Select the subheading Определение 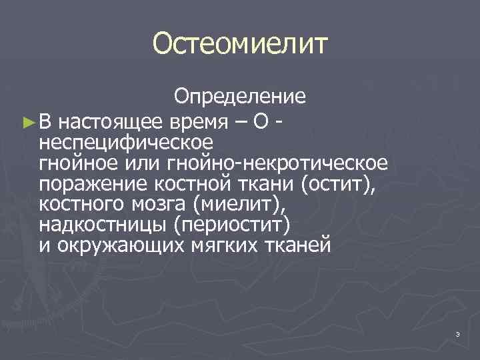click(x=240, y=97)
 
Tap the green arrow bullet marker click(x=27, y=122)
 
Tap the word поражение click(x=83, y=184)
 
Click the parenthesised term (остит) click(x=339, y=184)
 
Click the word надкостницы click(x=99, y=225)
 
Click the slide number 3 click(x=458, y=333)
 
